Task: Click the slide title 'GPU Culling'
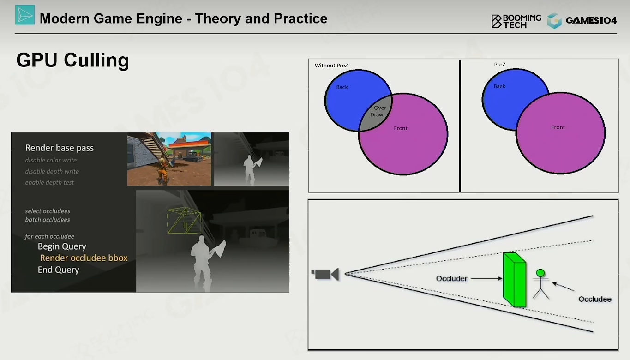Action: (x=72, y=60)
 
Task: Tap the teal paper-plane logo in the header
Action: (x=25, y=15)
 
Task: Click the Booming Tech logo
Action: (x=516, y=21)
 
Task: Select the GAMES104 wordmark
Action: (x=591, y=20)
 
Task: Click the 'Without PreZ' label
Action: (x=331, y=66)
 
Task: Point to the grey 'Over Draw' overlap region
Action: (x=376, y=113)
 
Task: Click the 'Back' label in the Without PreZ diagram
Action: (x=342, y=87)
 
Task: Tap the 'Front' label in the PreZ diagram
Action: (x=558, y=127)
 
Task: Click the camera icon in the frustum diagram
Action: (x=325, y=274)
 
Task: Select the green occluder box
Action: (x=515, y=280)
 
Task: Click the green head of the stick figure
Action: (x=540, y=273)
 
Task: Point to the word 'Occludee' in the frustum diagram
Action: (x=595, y=299)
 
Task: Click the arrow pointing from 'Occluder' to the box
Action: (x=486, y=278)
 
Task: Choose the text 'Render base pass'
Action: (x=60, y=148)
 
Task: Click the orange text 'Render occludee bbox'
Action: (x=84, y=258)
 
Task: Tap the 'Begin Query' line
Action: (x=62, y=246)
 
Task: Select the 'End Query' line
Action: (x=59, y=270)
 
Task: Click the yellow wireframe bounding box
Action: (x=184, y=221)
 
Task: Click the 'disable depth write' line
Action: (x=52, y=172)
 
